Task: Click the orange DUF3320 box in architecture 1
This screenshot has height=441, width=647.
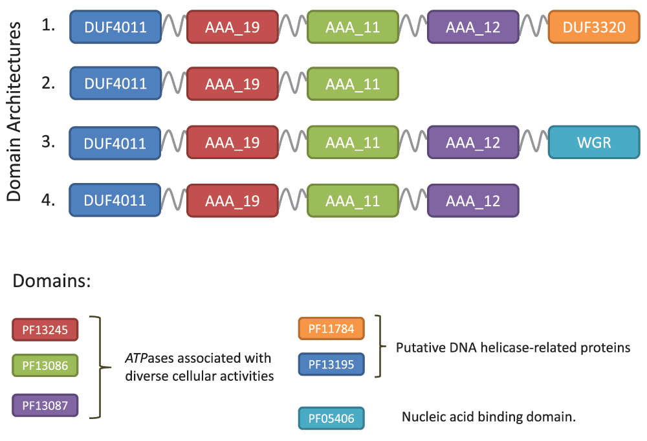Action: pyautogui.click(x=594, y=27)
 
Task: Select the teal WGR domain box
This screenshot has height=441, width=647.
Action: pyautogui.click(x=594, y=142)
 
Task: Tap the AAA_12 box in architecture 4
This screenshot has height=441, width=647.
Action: pyautogui.click(x=473, y=201)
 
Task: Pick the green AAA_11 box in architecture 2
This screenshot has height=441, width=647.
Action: pyautogui.click(x=353, y=84)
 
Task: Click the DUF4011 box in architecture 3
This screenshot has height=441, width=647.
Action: pyautogui.click(x=115, y=143)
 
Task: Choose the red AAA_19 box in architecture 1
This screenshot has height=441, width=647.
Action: pyautogui.click(x=232, y=27)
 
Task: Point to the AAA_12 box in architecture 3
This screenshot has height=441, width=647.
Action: pyautogui.click(x=473, y=142)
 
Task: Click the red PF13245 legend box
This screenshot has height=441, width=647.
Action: pyautogui.click(x=45, y=330)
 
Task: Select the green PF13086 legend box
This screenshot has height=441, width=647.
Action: pyautogui.click(x=45, y=365)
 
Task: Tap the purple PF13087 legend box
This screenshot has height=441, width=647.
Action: pyautogui.click(x=45, y=405)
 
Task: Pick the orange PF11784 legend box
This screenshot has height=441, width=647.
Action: pyautogui.click(x=331, y=328)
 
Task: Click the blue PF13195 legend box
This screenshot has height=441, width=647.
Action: pyautogui.click(x=331, y=364)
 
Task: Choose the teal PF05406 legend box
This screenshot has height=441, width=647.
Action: pyautogui.click(x=331, y=418)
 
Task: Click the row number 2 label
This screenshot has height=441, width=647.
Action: pyautogui.click(x=49, y=83)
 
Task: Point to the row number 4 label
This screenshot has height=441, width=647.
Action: pyautogui.click(x=49, y=200)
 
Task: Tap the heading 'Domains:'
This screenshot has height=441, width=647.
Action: pyautogui.click(x=52, y=281)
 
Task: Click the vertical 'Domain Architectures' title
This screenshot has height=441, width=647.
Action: pyautogui.click(x=14, y=111)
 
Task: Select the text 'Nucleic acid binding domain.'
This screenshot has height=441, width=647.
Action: pyautogui.click(x=488, y=416)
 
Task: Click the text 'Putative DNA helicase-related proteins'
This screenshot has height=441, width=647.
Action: pyautogui.click(x=513, y=348)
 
